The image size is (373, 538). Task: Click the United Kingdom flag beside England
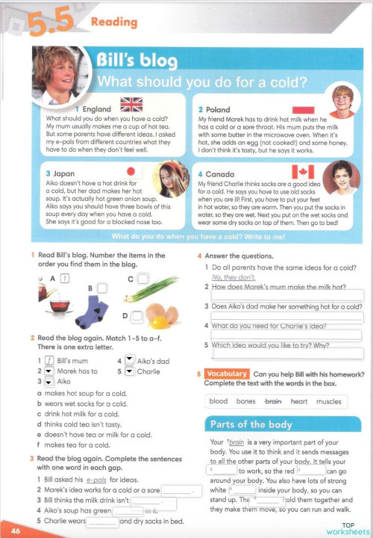[x=131, y=104]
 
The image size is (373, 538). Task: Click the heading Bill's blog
[x=137, y=60]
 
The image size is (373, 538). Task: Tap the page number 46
[x=16, y=531]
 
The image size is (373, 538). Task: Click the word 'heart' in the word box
[x=298, y=401]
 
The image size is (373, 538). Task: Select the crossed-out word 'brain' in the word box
[x=273, y=401]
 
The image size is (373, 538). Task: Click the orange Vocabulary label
[x=226, y=374]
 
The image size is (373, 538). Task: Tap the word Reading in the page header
[x=113, y=22]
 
